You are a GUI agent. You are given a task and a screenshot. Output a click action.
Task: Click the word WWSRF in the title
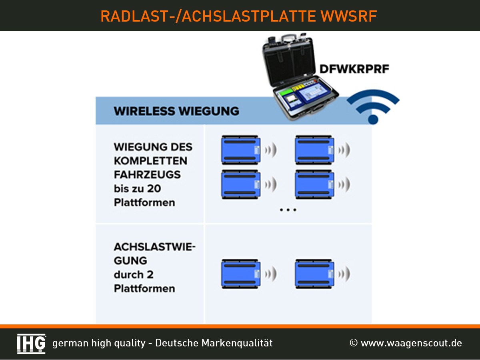point(349,16)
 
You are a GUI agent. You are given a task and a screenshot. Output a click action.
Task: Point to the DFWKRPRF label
point(354,69)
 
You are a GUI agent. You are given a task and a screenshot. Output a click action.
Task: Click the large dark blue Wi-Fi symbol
point(373,106)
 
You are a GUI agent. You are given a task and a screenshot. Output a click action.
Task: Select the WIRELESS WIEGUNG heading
point(176,111)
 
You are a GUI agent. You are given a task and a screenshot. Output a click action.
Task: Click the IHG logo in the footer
point(32,344)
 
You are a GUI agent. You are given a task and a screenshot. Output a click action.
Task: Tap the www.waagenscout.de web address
point(411,343)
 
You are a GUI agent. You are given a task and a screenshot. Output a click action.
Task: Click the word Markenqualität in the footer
point(237,343)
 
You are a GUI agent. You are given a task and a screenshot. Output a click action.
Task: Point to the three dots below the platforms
point(288,210)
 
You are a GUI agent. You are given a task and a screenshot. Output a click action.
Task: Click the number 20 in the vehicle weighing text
point(154,188)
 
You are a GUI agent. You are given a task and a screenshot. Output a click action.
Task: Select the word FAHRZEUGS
point(147,175)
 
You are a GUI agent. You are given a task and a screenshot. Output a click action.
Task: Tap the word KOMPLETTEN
point(150,161)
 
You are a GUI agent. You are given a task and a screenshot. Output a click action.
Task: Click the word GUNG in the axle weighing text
point(130,260)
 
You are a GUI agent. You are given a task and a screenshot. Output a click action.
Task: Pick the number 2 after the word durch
point(150,274)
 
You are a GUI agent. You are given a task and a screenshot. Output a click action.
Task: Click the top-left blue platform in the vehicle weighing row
point(241,150)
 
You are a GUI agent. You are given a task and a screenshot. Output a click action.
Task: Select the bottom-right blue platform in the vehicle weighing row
point(314,184)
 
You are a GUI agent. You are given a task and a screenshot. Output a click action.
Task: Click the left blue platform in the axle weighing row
point(241,274)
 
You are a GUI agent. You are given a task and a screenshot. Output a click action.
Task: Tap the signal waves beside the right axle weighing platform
point(344,274)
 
